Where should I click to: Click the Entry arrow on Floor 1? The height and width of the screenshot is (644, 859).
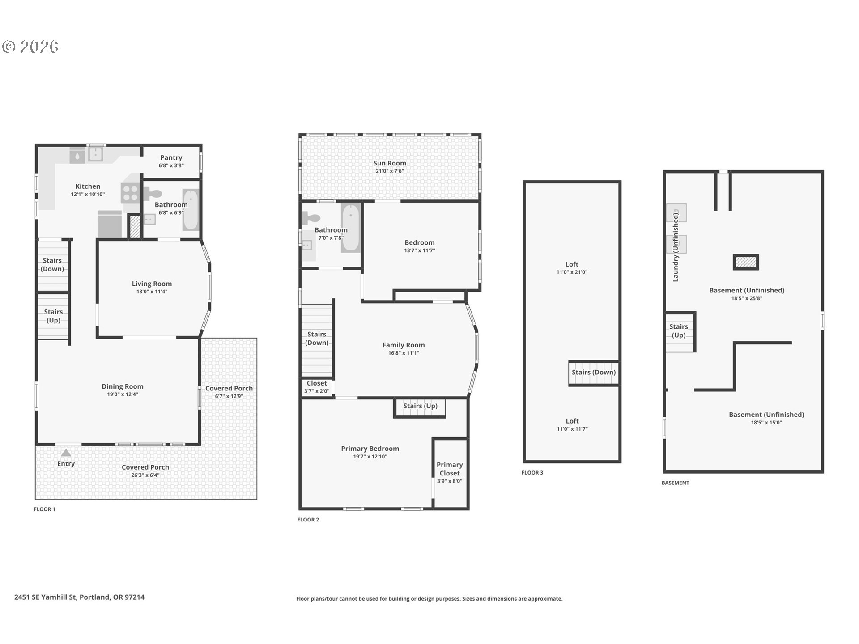pyautogui.click(x=66, y=453)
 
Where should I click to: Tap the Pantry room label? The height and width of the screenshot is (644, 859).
pyautogui.click(x=171, y=157)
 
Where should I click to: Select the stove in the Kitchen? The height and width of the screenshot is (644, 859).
pyautogui.click(x=131, y=193)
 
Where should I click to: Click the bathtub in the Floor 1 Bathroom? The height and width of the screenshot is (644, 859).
pyautogui.click(x=191, y=210)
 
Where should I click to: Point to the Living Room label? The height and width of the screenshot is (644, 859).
pyautogui.click(x=152, y=284)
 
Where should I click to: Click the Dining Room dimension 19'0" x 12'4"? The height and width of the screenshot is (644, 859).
pyautogui.click(x=122, y=394)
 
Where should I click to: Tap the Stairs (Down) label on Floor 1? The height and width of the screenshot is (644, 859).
pyautogui.click(x=52, y=264)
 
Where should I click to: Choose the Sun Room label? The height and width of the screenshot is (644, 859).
pyautogui.click(x=390, y=163)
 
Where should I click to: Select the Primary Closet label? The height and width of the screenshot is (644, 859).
pyautogui.click(x=450, y=469)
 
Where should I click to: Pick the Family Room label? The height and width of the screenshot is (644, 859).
pyautogui.click(x=404, y=345)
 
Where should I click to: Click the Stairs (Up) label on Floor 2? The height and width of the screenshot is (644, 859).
pyautogui.click(x=420, y=406)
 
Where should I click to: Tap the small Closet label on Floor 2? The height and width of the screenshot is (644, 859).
pyautogui.click(x=317, y=383)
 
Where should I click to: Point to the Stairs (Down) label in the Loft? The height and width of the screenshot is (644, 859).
pyautogui.click(x=594, y=372)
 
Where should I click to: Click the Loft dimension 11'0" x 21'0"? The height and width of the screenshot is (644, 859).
pyautogui.click(x=572, y=272)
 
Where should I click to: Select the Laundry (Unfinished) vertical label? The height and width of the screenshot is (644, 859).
pyautogui.click(x=676, y=247)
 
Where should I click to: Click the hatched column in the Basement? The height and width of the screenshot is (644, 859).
pyautogui.click(x=746, y=262)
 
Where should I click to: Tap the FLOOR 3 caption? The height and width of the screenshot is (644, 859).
pyautogui.click(x=532, y=472)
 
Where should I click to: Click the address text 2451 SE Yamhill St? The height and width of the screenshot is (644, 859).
pyautogui.click(x=46, y=597)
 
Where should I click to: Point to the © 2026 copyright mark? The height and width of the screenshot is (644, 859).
pyautogui.click(x=30, y=47)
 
